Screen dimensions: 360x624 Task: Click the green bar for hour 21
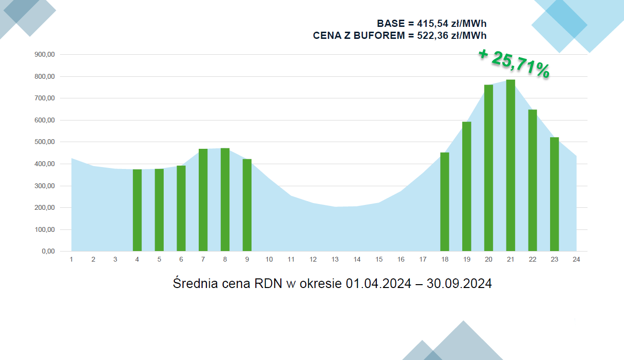point(511,166)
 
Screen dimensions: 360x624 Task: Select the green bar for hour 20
point(489,168)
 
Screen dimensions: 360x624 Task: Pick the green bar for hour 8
point(225,200)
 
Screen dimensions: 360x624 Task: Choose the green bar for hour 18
point(444,202)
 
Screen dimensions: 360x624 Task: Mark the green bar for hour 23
point(554,194)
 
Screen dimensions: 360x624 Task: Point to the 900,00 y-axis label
point(45,55)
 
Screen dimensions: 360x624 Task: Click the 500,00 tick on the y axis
point(45,142)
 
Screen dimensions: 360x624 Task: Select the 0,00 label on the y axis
point(48,252)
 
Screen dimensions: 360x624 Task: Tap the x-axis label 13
point(335,260)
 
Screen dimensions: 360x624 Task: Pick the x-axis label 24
point(576,260)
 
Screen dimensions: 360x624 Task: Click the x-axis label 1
point(72,260)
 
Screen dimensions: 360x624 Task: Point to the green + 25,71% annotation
point(514,63)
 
